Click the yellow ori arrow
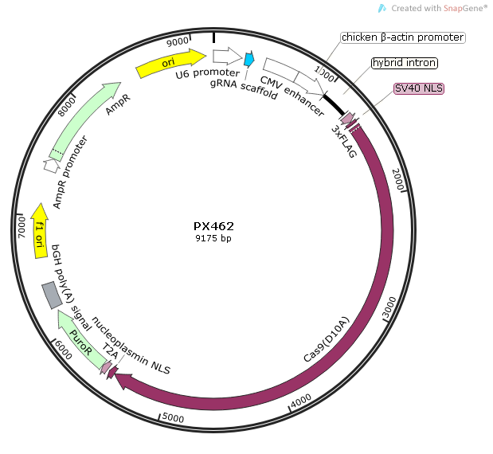coord(170,63)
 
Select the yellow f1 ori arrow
coord(40,231)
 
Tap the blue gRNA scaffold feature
coord(249,59)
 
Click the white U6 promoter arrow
coord(227,56)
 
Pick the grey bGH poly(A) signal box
coord(52,295)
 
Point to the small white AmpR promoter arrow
coord(52,166)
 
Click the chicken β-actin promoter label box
coord(403,37)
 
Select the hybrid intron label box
coord(405,63)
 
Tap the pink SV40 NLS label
coord(419,88)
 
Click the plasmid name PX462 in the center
coord(213,226)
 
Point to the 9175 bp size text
coord(213,238)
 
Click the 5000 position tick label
coord(173,418)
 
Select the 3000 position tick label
coord(389,307)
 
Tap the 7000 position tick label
coord(22,227)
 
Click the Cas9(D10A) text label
coord(327,339)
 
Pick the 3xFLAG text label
coord(345,142)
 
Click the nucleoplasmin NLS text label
coord(131,345)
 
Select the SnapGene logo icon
coord(381,8)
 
